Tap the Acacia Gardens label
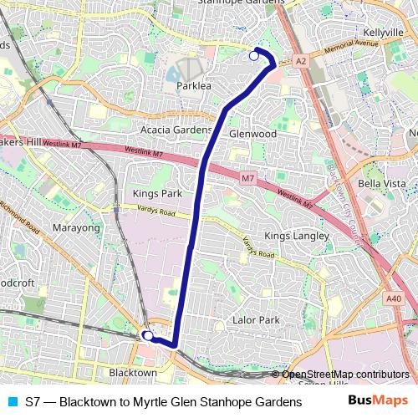click(x=176, y=130)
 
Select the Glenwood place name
click(x=252, y=134)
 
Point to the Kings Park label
click(x=157, y=194)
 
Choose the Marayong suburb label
click(x=76, y=227)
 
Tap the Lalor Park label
click(x=257, y=320)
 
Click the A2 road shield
click(x=301, y=61)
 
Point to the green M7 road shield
click(x=247, y=179)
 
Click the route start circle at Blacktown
click(x=147, y=336)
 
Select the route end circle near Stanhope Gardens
click(x=254, y=56)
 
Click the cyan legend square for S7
click(x=11, y=402)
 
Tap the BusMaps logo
click(x=379, y=401)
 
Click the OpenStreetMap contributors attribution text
click(x=345, y=374)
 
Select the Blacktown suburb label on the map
click(x=133, y=372)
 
